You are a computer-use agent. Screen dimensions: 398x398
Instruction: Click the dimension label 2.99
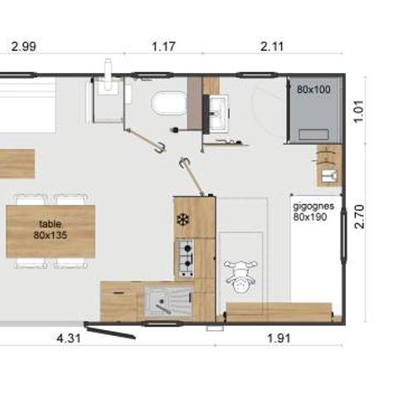pos(22,47)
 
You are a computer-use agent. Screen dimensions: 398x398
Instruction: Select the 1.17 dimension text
pos(163,47)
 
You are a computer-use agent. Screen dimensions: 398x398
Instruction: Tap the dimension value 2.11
pos(272,47)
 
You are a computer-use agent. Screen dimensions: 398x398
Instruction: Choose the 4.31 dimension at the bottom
pos(68,338)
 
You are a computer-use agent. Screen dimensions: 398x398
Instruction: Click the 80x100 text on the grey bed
pos(313,88)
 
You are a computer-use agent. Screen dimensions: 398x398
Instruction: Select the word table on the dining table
pos(50,223)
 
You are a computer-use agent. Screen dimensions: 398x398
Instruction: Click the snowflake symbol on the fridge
pos(182,220)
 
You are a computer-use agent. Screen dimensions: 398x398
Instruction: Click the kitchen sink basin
pos(163,299)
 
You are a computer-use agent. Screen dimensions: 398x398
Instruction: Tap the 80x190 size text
pos(310,216)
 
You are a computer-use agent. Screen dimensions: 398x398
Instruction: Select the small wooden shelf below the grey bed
pos(328,166)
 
